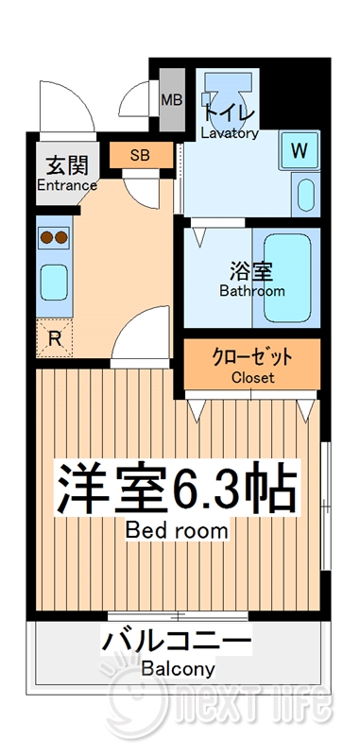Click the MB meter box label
tap(172, 100)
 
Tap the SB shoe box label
tap(139, 154)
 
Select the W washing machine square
tap(300, 149)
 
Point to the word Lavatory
tap(229, 133)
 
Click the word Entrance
tap(66, 185)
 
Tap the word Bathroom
tap(252, 291)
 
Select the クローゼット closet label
tap(252, 357)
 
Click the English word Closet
tap(252, 377)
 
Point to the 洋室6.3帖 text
tap(177, 488)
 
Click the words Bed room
tap(177, 530)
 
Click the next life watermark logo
tap(222, 699)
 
